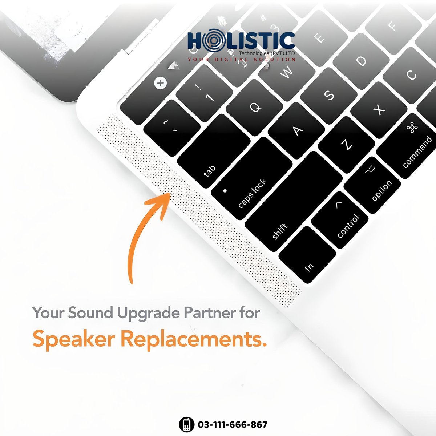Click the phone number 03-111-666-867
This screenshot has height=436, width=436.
tap(233, 424)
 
